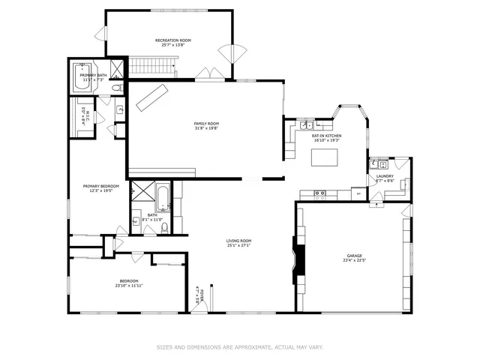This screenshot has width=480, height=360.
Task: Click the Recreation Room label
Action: tap(173, 39)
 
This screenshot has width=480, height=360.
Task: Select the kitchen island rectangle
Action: tap(325, 157)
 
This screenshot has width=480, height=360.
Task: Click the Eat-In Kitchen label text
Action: tap(326, 135)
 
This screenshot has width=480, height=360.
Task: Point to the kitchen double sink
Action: tap(320, 194)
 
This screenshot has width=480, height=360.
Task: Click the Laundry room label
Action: tap(384, 176)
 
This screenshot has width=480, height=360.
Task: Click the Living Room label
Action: tap(238, 240)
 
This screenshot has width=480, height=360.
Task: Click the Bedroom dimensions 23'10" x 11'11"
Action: tap(129, 286)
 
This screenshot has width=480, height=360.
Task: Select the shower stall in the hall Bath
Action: tap(139, 193)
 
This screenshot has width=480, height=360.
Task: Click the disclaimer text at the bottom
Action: tap(240, 347)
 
